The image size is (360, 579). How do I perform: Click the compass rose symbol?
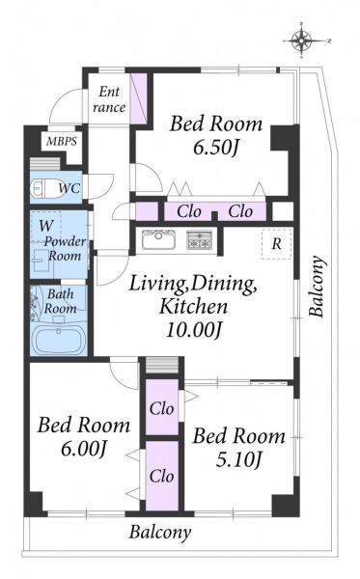pyautogui.click(x=302, y=41)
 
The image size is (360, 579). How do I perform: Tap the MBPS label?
pyautogui.click(x=62, y=141)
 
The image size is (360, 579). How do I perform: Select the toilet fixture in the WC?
pyautogui.click(x=43, y=188)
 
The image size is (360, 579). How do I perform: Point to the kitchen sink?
pyautogui.click(x=159, y=239)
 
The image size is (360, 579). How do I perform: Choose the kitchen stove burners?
pyautogui.click(x=200, y=240)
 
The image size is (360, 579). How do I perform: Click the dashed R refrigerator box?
pyautogui.click(x=277, y=244)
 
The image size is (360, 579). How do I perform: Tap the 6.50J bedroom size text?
pyautogui.click(x=216, y=148)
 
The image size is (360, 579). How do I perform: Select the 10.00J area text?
pyautogui.click(x=194, y=330)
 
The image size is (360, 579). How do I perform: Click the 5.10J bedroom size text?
pyautogui.click(x=238, y=460)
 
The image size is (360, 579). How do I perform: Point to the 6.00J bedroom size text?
pyautogui.click(x=84, y=449)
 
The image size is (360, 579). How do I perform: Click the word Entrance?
pyautogui.click(x=109, y=99)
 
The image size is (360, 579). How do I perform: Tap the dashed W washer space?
pyautogui.click(x=45, y=227)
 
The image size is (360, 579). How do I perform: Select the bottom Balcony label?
pyautogui.click(x=160, y=532)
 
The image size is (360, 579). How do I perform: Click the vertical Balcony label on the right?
pyautogui.click(x=318, y=287)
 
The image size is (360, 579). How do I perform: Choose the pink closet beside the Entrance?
pyautogui.click(x=139, y=97)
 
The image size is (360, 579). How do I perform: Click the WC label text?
pyautogui.click(x=69, y=188)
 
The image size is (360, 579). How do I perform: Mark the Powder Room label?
pyautogui.click(x=65, y=249)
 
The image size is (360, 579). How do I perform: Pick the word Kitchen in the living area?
pyautogui.click(x=193, y=307)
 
